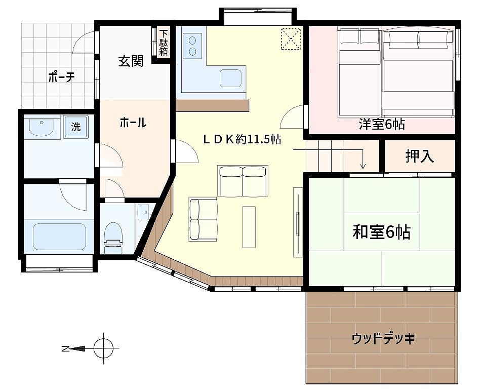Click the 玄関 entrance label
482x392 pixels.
pyautogui.click(x=131, y=61)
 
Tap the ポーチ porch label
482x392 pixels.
pyautogui.click(x=61, y=77)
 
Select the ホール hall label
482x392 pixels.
pyautogui.click(x=133, y=123)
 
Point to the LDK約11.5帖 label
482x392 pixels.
pyautogui.click(x=242, y=139)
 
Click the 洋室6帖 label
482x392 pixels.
pyautogui.click(x=381, y=124)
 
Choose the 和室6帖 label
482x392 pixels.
pyautogui.click(x=381, y=232)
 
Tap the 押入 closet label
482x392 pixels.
pyautogui.click(x=420, y=156)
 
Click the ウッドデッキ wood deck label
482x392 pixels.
pyautogui.click(x=383, y=338)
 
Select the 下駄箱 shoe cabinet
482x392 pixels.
pyautogui.click(x=163, y=43)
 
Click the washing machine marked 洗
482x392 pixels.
pyautogui.click(x=75, y=127)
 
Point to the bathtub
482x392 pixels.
pyautogui.click(x=59, y=237)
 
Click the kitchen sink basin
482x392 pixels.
pyautogui.click(x=230, y=79)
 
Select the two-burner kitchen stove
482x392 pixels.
pyautogui.click(x=192, y=46)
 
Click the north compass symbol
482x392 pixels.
pyautogui.click(x=104, y=348)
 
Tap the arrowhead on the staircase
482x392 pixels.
pyautogui.click(x=363, y=166)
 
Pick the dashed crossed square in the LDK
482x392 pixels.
pyautogui.click(x=291, y=38)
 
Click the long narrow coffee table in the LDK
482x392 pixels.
pyautogui.click(x=249, y=227)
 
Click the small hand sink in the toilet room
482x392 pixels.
pyautogui.click(x=143, y=212)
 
